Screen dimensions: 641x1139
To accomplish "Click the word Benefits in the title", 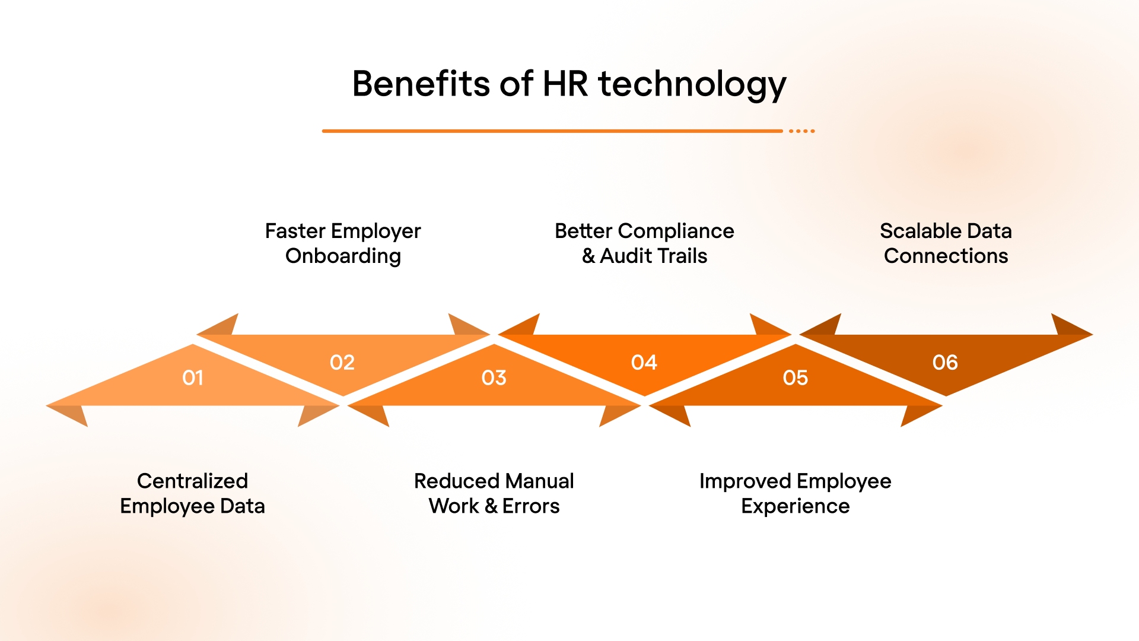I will [421, 84].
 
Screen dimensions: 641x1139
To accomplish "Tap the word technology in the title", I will [692, 85].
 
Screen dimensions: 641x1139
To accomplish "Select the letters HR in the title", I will [565, 84].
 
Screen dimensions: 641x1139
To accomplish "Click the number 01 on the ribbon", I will [193, 378].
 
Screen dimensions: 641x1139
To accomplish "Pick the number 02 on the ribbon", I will [342, 363].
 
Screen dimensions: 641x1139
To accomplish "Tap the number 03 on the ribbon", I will [494, 378].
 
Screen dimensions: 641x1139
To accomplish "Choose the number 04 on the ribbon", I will [644, 363].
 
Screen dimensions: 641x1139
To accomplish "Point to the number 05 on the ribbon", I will [796, 378].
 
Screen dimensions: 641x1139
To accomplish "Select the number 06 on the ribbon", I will [945, 363].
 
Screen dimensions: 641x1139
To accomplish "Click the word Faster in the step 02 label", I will [295, 231].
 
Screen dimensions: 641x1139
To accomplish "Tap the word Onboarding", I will [343, 256].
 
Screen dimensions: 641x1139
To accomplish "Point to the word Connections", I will [946, 256].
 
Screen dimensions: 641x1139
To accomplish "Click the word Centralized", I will [192, 481].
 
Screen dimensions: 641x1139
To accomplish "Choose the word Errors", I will [531, 506].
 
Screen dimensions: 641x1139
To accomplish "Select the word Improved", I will [745, 481].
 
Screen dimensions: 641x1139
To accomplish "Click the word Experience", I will [796, 506].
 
